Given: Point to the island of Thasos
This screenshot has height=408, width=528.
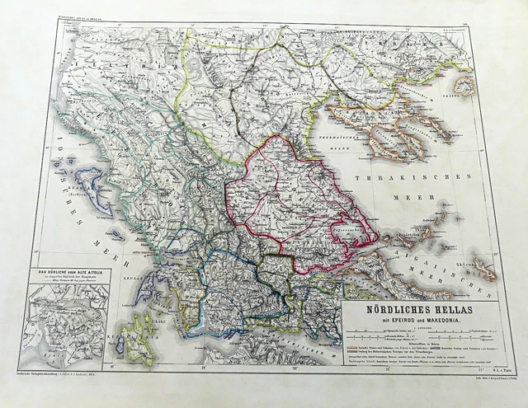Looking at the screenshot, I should [464, 86].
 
